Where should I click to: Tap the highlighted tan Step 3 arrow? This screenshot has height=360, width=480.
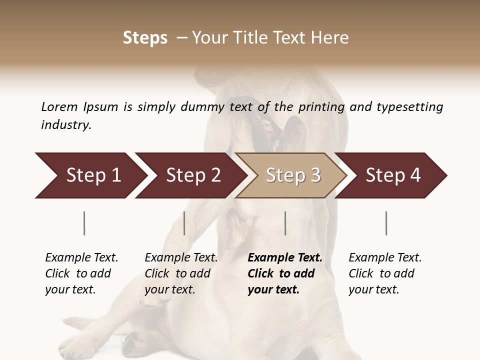(x=293, y=175)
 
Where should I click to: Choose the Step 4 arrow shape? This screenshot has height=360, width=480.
(x=393, y=175)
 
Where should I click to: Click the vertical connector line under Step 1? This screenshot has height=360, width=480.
(x=84, y=223)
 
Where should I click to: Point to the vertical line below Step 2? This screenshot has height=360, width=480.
(x=184, y=223)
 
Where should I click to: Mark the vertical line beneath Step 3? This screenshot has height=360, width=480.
(x=285, y=223)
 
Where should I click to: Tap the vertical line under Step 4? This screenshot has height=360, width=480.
(x=386, y=223)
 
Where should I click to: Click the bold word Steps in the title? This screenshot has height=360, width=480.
(x=145, y=38)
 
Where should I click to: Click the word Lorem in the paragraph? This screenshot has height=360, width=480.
(x=59, y=106)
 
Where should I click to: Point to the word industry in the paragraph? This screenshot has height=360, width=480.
(x=66, y=125)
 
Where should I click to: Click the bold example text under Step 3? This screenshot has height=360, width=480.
(x=284, y=273)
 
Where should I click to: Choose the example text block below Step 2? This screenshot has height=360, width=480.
(x=180, y=273)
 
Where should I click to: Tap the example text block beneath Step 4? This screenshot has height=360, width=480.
(x=384, y=273)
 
